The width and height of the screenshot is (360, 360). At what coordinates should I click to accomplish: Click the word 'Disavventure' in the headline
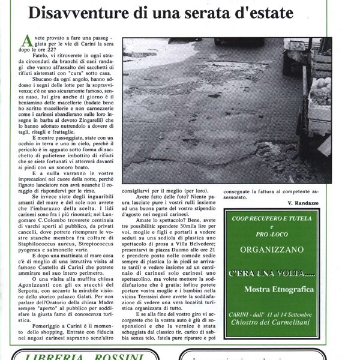tap(88, 12)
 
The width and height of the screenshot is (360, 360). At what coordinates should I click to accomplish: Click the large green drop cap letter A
tap(26, 41)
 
